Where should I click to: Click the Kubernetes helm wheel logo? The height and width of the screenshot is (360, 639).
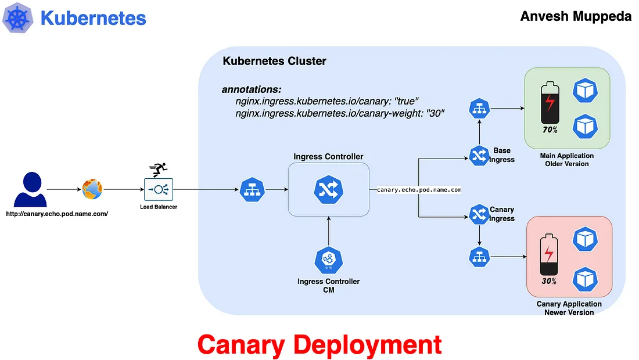coord(19,19)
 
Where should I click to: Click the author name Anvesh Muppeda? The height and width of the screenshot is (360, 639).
coord(576,16)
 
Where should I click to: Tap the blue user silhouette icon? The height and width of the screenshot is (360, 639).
coord(30,190)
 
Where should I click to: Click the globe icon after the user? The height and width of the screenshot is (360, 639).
coord(92,189)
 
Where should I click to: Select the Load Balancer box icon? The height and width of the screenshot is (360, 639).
coord(159,189)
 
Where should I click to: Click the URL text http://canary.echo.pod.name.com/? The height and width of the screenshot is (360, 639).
coord(57,214)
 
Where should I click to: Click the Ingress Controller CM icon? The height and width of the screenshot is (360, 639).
coord(328,261)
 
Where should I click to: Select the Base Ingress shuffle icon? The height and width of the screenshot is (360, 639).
coord(479,155)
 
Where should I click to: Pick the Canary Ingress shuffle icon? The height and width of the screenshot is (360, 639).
coord(479,215)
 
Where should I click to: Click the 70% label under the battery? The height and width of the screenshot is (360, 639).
coord(550,130)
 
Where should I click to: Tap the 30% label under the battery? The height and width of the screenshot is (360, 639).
coord(549,281)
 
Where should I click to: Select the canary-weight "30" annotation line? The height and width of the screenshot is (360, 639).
coord(340,113)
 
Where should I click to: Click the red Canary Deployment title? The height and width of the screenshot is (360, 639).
coord(319,344)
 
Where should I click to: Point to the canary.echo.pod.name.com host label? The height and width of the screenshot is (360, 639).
coord(419,190)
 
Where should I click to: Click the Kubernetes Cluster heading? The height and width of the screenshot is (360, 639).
coord(274,61)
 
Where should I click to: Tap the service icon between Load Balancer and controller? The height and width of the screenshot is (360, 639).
coord(252,189)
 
